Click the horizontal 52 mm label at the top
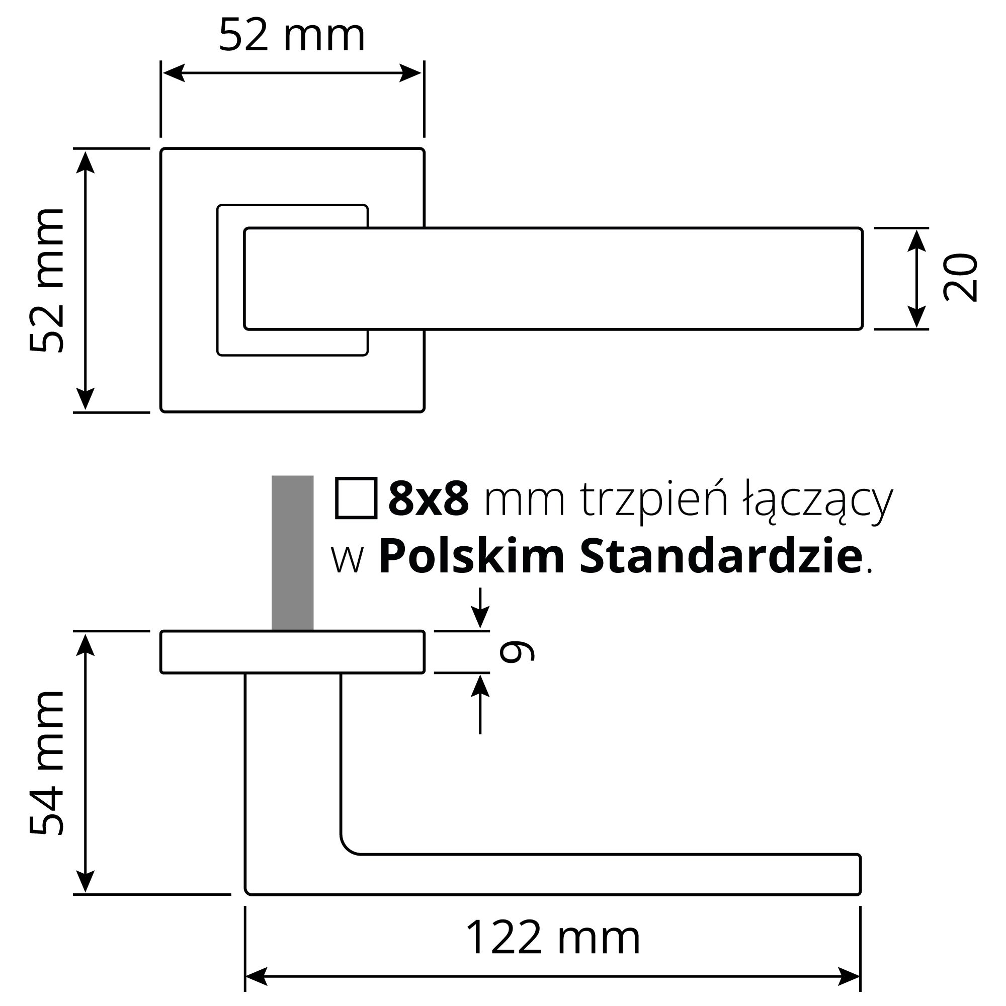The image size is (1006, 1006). click(292, 35)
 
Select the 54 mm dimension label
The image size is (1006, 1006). click(47, 764)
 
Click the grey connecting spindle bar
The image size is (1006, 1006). click(293, 552)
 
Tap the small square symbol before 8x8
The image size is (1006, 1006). click(356, 498)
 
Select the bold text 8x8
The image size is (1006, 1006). click(429, 499)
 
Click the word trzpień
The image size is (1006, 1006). click(653, 500)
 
